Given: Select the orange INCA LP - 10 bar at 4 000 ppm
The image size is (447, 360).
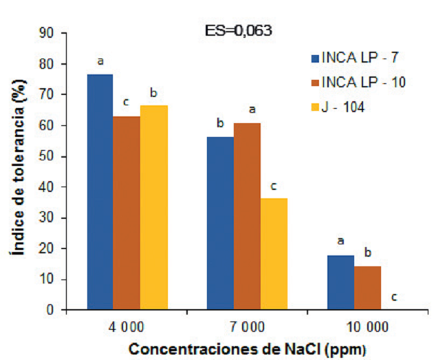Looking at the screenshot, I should click(x=127, y=213).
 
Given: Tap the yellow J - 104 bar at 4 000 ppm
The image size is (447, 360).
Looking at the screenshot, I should click(x=154, y=207).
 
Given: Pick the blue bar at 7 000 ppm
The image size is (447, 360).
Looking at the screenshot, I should click(x=220, y=223).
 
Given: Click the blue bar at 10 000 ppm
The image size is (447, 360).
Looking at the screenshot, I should click(x=340, y=282).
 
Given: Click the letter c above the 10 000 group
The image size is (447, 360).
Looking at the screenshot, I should click(x=394, y=297).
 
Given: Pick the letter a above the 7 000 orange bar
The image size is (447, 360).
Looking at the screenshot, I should click(x=252, y=109).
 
